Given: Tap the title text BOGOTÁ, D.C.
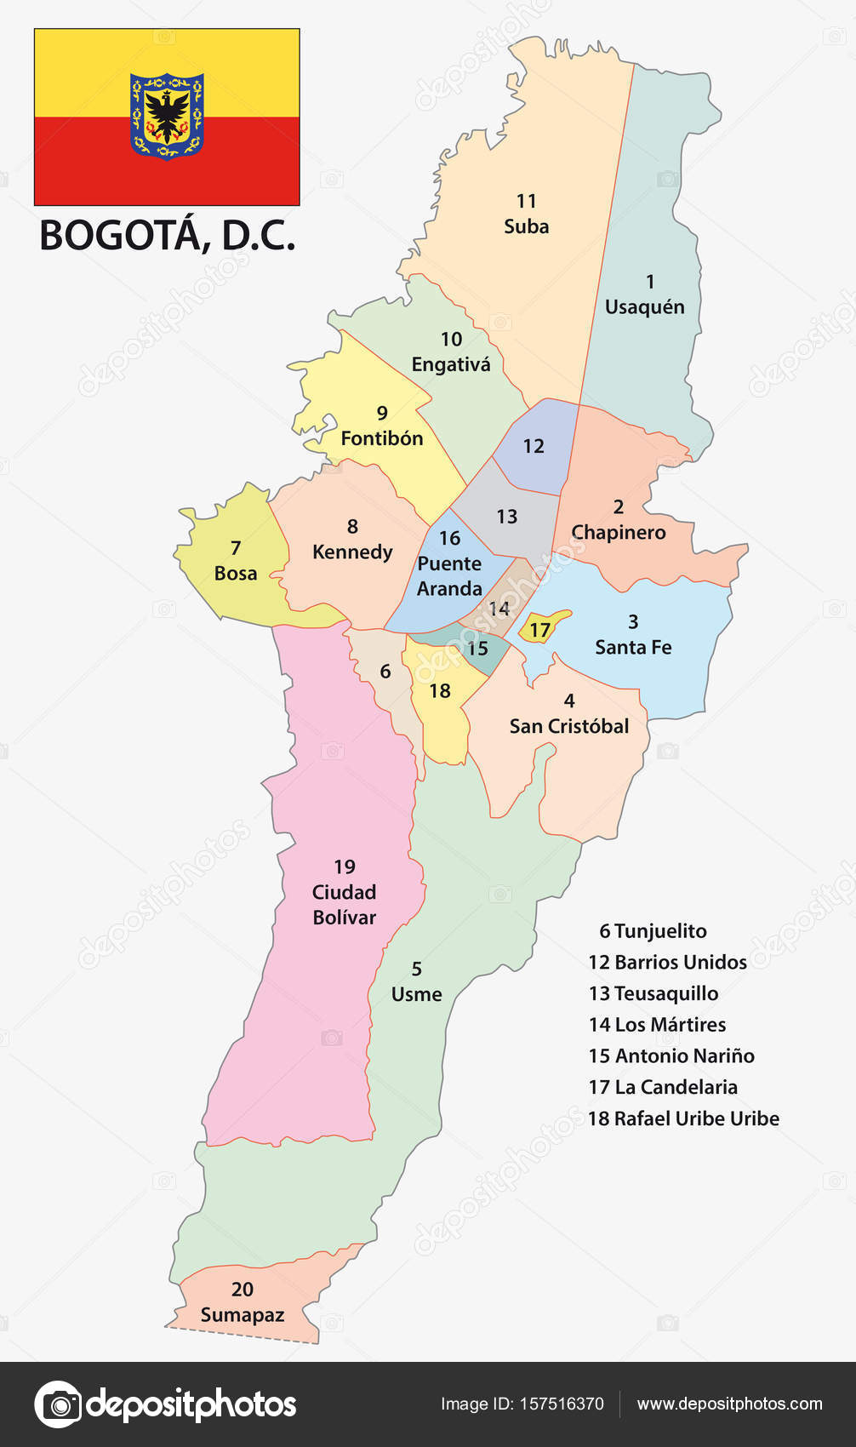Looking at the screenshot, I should [x=168, y=236].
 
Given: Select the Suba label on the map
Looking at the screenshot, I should [x=526, y=226].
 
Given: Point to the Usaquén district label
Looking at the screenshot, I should [x=644, y=306].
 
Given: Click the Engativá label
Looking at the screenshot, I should [x=451, y=364].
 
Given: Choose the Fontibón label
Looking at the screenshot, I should [x=382, y=438].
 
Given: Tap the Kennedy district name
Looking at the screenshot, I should [x=352, y=552].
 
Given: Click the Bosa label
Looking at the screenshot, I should [x=236, y=573].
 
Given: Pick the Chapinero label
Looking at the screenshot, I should [x=619, y=532].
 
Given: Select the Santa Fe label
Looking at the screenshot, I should [x=633, y=647].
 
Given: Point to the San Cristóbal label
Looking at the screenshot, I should [x=569, y=726].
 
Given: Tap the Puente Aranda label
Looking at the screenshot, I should [x=449, y=576].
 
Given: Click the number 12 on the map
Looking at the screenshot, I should [x=534, y=446].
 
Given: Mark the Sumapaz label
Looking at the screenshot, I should [x=243, y=1315].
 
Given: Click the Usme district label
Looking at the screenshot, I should [x=416, y=994].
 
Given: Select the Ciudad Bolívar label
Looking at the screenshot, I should [x=344, y=904].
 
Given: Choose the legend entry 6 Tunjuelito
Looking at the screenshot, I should [x=653, y=931].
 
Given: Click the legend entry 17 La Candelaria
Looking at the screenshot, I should [x=663, y=1087].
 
